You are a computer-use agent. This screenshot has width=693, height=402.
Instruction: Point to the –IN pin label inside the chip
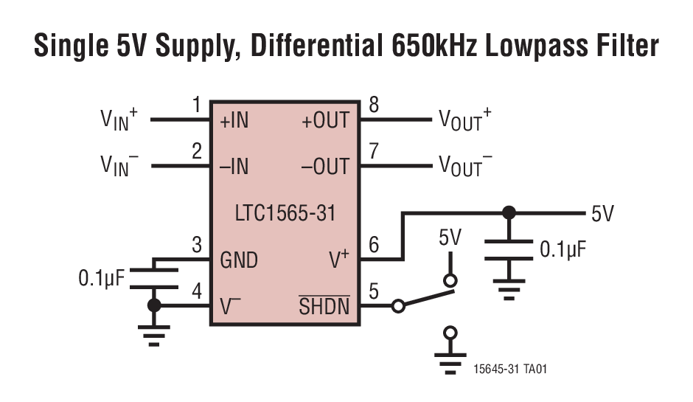coord(234,167)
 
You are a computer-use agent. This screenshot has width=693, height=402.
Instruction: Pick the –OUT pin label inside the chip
coord(325,167)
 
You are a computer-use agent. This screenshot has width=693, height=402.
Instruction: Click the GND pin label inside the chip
coord(239,260)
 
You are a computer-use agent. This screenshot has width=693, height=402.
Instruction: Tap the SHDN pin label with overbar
coord(324,306)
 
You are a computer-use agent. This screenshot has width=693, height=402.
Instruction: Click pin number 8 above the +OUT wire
coord(374,106)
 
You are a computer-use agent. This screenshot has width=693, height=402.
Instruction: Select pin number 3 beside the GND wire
coord(196,245)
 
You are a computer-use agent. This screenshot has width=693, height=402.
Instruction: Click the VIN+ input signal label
coord(119,120)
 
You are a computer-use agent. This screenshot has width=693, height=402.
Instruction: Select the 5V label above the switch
coord(450,238)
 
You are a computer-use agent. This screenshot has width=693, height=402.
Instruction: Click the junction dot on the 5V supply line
coord(508,213)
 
